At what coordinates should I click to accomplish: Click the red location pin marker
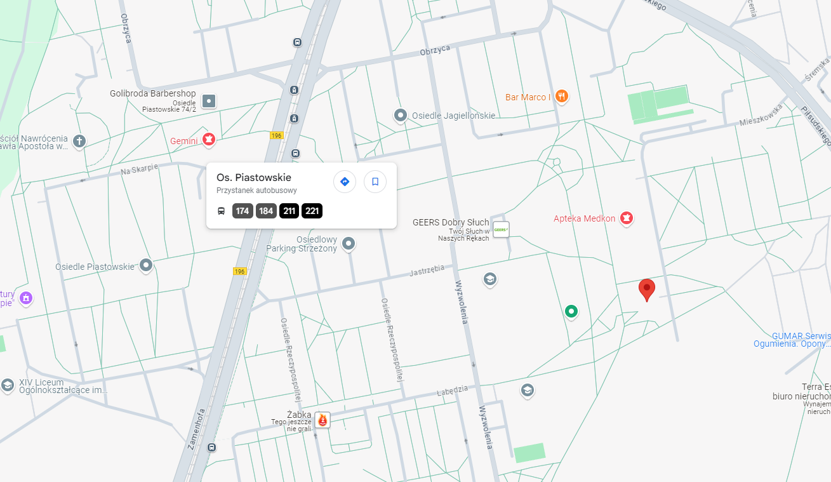pyautogui.click(x=646, y=289)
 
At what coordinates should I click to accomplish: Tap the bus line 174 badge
pyautogui.click(x=243, y=211)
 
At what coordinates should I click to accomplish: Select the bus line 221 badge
pyautogui.click(x=312, y=211)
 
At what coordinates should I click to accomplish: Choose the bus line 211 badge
pyautogui.click(x=289, y=211)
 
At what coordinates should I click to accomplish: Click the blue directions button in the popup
pyautogui.click(x=345, y=182)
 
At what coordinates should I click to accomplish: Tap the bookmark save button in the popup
pyautogui.click(x=375, y=182)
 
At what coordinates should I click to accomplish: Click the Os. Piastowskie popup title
pyautogui.click(x=254, y=177)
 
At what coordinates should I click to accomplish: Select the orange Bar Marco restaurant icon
pyautogui.click(x=561, y=97)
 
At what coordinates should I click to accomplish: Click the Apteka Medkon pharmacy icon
pyautogui.click(x=627, y=218)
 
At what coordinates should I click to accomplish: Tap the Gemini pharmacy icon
pyautogui.click(x=209, y=140)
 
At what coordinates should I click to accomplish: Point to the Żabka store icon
pyautogui.click(x=322, y=420)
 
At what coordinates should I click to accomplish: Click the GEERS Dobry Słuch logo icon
pyautogui.click(x=501, y=229)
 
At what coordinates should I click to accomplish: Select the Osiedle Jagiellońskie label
pyautogui.click(x=453, y=116)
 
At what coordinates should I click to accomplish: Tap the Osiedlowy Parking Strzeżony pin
pyautogui.click(x=348, y=243)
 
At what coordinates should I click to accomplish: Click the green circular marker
pyautogui.click(x=571, y=311)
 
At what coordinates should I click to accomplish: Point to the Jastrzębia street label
pyautogui.click(x=427, y=271)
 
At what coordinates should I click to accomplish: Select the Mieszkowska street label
pyautogui.click(x=759, y=116)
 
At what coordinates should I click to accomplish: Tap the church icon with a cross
pyautogui.click(x=79, y=141)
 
